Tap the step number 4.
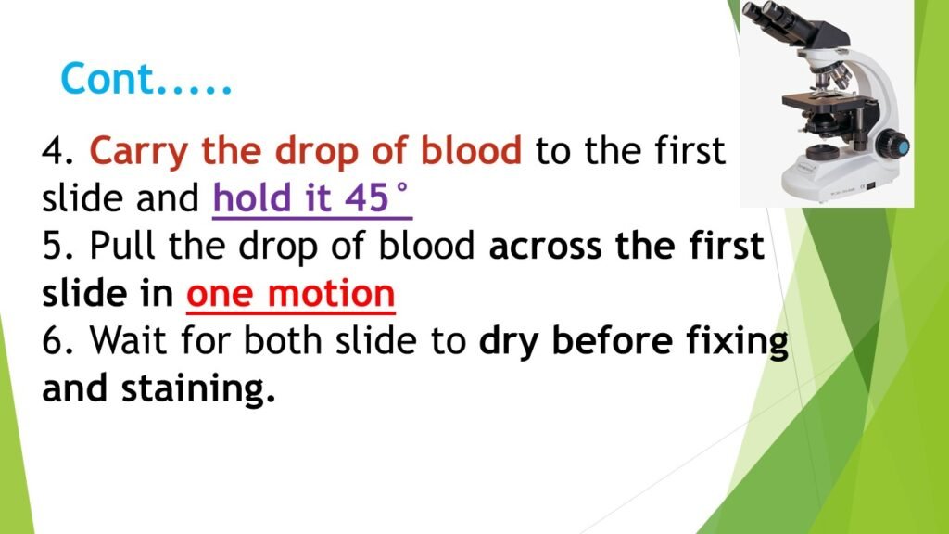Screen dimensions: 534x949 coord(57,151)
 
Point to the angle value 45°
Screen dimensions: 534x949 coord(377,199)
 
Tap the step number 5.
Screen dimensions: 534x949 coord(57,248)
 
